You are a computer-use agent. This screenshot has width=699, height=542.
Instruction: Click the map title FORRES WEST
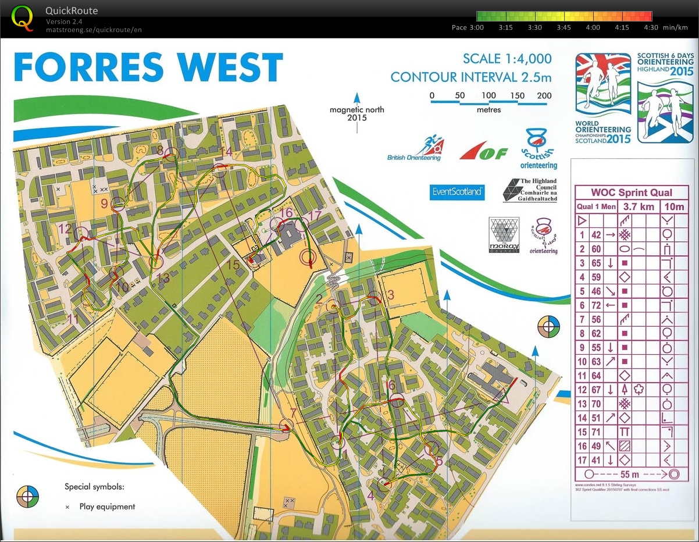point(148,67)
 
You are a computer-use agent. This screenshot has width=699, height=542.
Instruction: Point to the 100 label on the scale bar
point(488,95)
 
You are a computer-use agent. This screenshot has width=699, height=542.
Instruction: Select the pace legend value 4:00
point(593,27)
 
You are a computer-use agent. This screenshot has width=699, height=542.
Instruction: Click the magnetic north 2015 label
point(356,113)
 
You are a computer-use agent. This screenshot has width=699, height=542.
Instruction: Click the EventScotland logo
point(457,191)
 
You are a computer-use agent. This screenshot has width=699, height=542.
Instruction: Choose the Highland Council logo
point(530,190)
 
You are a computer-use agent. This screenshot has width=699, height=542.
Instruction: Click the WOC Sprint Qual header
point(631,192)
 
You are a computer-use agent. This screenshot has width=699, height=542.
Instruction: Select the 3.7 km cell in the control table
point(639,206)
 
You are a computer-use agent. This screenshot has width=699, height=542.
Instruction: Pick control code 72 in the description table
point(596,305)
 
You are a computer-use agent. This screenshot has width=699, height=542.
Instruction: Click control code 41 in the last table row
point(596,459)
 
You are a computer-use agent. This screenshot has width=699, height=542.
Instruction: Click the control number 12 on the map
point(65,229)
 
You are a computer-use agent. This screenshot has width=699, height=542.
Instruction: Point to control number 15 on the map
point(233,265)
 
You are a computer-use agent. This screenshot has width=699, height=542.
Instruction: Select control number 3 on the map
point(391,295)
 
